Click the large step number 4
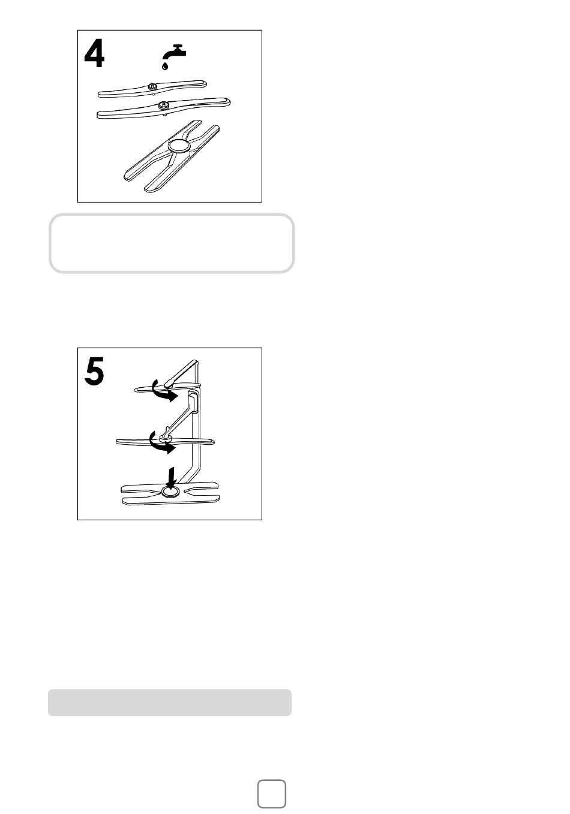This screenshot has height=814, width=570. coord(94,53)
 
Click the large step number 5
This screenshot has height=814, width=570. coord(94,370)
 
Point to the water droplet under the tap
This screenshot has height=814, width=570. coord(165,66)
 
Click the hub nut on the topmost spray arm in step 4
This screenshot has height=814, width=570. coord(152,86)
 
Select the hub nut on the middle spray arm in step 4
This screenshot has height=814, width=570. coord(164,105)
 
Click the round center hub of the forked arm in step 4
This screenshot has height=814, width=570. coord(179,146)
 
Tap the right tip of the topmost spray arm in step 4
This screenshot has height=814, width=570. coord(205,84)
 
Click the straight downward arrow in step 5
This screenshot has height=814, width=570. coord(171,478)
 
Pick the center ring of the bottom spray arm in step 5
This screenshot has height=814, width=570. coord(170,492)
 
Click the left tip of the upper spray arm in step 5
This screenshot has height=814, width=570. coord(136,390)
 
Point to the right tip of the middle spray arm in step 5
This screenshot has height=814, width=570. coord(213,442)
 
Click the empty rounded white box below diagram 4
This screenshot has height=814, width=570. coord(172,243)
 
